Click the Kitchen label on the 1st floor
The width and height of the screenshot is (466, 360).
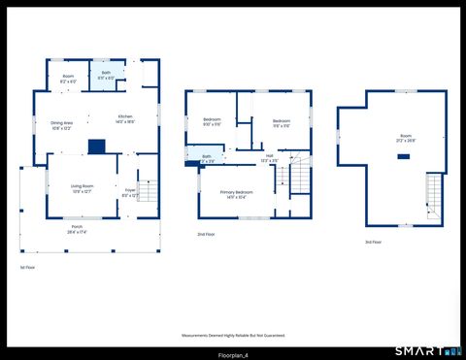click(x=125, y=119)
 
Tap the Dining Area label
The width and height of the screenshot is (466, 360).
click(x=62, y=125)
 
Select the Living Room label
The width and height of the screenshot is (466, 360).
click(x=81, y=187)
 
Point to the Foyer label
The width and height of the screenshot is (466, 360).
click(x=129, y=192)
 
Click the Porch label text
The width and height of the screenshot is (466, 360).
click(x=77, y=230)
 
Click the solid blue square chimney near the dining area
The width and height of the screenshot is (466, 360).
click(x=96, y=147)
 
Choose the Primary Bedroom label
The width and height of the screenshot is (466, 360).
click(x=239, y=194)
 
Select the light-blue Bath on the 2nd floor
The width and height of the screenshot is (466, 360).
click(x=206, y=156)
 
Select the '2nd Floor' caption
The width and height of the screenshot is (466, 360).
click(x=206, y=235)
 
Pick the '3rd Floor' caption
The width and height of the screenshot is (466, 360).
click(x=374, y=242)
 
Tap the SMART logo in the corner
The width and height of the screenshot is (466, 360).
click(x=426, y=350)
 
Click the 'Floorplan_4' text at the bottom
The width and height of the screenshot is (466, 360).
click(x=232, y=354)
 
